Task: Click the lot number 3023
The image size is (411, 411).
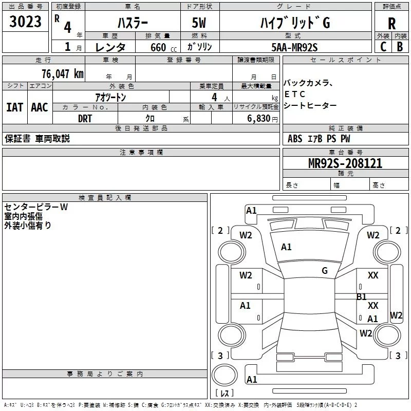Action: click(x=25, y=23)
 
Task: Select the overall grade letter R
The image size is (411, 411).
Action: click(x=391, y=24)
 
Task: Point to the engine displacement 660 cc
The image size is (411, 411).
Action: click(x=156, y=47)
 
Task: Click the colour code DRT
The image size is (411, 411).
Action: click(x=85, y=118)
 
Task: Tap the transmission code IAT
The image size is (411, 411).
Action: click(x=14, y=107)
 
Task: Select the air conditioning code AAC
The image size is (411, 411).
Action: click(x=40, y=107)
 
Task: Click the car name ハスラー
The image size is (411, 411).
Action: click(x=132, y=23)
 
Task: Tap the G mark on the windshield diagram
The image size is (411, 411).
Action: click(x=325, y=271)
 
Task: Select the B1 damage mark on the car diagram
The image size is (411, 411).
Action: click(x=362, y=296)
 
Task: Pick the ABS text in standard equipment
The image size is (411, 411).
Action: click(x=295, y=139)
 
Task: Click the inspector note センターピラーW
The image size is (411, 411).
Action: click(x=36, y=207)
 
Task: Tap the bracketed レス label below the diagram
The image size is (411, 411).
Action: click(x=224, y=394)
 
